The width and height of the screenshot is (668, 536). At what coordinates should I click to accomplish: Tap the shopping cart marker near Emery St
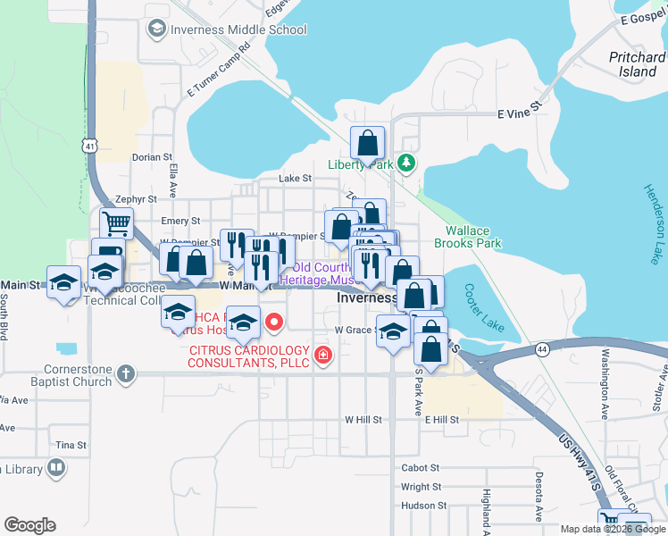(x=116, y=222)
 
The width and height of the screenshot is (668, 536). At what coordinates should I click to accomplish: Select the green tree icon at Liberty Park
(x=406, y=163)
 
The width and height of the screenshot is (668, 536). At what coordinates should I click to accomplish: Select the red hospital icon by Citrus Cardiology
(x=322, y=357)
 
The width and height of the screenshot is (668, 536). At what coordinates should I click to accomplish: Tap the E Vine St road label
(x=520, y=113)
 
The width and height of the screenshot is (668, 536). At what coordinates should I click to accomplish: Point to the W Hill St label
(x=363, y=419)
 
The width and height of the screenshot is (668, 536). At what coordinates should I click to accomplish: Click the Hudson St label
(x=423, y=506)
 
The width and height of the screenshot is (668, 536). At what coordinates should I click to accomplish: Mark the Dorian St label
(x=151, y=157)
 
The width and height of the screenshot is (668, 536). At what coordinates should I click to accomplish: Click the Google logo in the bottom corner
(x=29, y=525)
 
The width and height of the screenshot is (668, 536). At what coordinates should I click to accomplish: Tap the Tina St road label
(x=71, y=445)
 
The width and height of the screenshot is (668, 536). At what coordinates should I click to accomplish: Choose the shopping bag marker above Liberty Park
(x=367, y=142)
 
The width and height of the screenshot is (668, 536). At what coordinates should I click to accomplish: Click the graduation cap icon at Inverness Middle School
(x=157, y=29)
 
